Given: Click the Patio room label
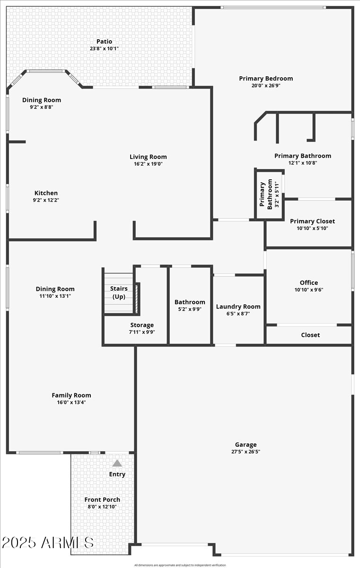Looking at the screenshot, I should [x=105, y=42].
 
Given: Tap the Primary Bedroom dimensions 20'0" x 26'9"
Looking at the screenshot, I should [x=266, y=86].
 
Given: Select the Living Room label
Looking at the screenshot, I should [x=148, y=157].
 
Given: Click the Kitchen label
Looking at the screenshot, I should [x=46, y=193].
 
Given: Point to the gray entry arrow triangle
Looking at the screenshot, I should [x=117, y=463].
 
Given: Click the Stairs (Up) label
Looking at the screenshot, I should [x=119, y=293].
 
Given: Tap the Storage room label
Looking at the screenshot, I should [x=142, y=325].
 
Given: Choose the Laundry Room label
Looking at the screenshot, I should [x=238, y=306].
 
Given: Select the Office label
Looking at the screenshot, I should [x=309, y=283].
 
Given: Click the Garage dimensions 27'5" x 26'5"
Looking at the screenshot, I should [x=246, y=452].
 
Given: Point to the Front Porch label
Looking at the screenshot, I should [x=102, y=499].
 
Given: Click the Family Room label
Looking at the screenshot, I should [x=71, y=395].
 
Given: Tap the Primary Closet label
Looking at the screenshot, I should [x=312, y=221].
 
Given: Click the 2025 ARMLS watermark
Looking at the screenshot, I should [x=48, y=542].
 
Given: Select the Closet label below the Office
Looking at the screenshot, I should [x=310, y=335].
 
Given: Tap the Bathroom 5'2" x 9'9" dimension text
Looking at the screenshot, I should [x=190, y=309].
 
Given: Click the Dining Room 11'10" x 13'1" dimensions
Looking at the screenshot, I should [x=55, y=296].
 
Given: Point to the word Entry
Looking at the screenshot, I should [x=117, y=474].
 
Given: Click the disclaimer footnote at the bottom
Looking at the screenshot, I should [x=180, y=565].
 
